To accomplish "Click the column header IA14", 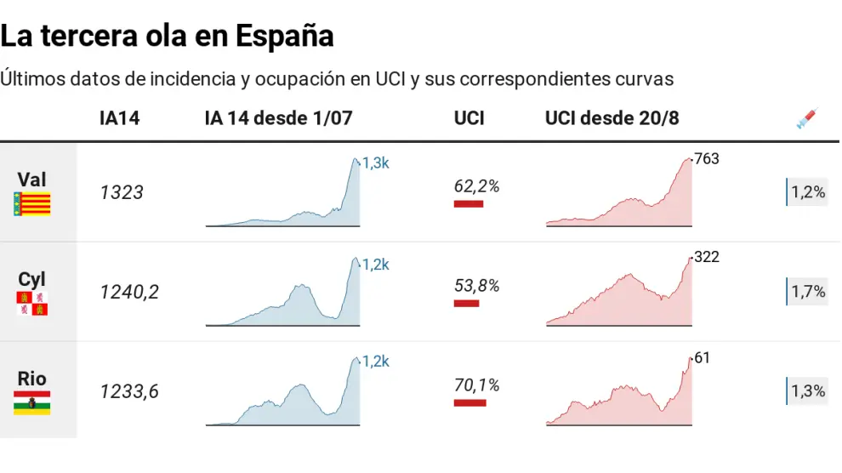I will (119, 118).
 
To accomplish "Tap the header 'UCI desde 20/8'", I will (612, 118).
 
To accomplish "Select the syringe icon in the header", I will (805, 119).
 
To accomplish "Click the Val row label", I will (32, 180).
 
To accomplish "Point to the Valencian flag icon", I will (32, 203).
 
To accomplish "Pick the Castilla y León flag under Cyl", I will (32, 304).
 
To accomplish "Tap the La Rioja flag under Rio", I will (32, 402).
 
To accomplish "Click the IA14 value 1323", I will (122, 193).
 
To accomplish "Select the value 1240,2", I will (129, 293).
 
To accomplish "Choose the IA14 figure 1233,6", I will (129, 392).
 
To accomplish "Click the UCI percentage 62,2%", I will (476, 185).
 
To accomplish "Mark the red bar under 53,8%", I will (466, 303).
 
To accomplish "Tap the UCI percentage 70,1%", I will (476, 385).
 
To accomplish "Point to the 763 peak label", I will (707, 158).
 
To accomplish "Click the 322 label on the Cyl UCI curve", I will (707, 257).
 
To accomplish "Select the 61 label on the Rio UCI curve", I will (702, 358).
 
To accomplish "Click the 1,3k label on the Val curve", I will (375, 163).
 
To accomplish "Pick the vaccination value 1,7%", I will (808, 292).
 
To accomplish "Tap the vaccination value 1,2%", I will (808, 192).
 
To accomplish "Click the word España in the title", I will (284, 36).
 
